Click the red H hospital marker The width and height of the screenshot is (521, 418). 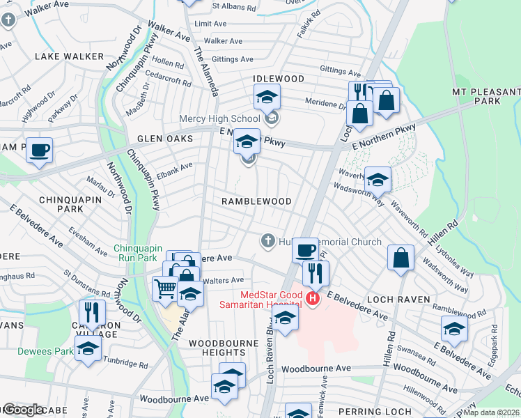[312, 299]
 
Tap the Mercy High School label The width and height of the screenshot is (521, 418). [219, 118]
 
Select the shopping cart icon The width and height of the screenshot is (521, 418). [165, 286]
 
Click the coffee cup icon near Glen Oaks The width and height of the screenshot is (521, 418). [40, 149]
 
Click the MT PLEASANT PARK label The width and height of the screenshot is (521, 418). [486, 96]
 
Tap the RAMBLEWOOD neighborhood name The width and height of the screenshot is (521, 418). [256, 201]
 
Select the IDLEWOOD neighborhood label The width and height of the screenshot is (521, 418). [279, 79]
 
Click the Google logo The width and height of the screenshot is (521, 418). [23, 410]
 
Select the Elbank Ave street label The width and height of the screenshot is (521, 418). [174, 167]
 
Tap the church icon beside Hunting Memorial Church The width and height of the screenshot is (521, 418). [267, 241]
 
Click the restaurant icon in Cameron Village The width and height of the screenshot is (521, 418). [92, 311]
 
